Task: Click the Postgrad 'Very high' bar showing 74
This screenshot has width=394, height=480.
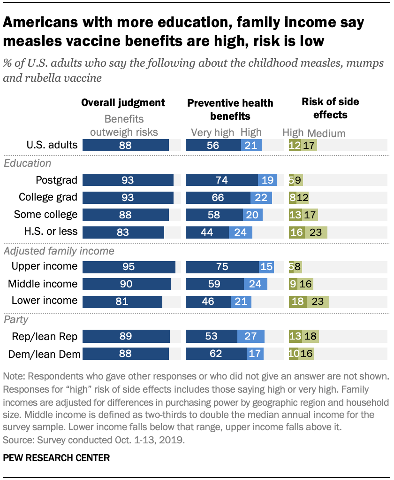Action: click(x=221, y=180)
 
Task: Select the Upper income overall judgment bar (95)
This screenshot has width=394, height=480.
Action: click(x=129, y=267)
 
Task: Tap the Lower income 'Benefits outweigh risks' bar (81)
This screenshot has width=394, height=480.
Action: click(x=122, y=301)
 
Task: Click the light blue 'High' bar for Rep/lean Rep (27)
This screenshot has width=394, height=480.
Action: click(x=251, y=336)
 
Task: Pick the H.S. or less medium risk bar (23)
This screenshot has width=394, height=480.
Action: click(x=316, y=232)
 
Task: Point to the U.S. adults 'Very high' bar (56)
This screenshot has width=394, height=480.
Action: click(x=213, y=145)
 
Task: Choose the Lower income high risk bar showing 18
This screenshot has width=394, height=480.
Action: click(x=297, y=301)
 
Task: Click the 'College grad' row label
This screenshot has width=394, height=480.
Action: click(x=48, y=197)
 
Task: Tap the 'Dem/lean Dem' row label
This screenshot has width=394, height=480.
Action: click(x=43, y=353)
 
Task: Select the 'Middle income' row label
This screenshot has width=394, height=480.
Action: click(x=43, y=284)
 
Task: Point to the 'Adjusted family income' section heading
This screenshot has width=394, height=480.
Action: click(x=59, y=251)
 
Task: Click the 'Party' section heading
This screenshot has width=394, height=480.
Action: click(x=16, y=320)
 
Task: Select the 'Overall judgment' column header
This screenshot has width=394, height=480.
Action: click(x=123, y=102)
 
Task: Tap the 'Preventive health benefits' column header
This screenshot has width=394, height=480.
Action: click(x=230, y=109)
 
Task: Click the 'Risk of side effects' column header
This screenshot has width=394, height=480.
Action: click(x=324, y=108)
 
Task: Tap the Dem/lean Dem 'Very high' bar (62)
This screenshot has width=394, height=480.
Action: click(x=216, y=353)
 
